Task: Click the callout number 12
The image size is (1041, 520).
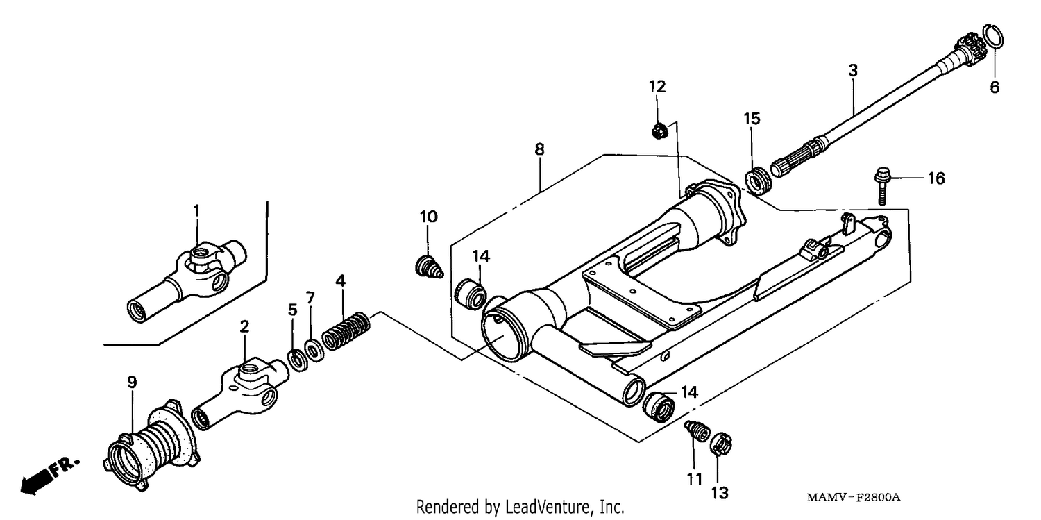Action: tap(657, 87)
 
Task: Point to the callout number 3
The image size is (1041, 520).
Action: tap(853, 71)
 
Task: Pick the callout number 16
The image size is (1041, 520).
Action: tap(936, 178)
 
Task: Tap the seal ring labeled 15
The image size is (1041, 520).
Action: tap(759, 181)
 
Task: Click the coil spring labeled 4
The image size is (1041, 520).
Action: tap(346, 331)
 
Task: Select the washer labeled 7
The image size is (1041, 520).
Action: tap(314, 351)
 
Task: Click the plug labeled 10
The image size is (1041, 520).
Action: tap(428, 267)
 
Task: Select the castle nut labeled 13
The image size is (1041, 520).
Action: tap(721, 444)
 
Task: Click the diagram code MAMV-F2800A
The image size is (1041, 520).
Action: tap(853, 498)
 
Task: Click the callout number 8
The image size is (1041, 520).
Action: tap(539, 150)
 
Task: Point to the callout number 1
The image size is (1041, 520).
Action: tap(196, 210)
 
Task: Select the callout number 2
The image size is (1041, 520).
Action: tap(244, 326)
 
